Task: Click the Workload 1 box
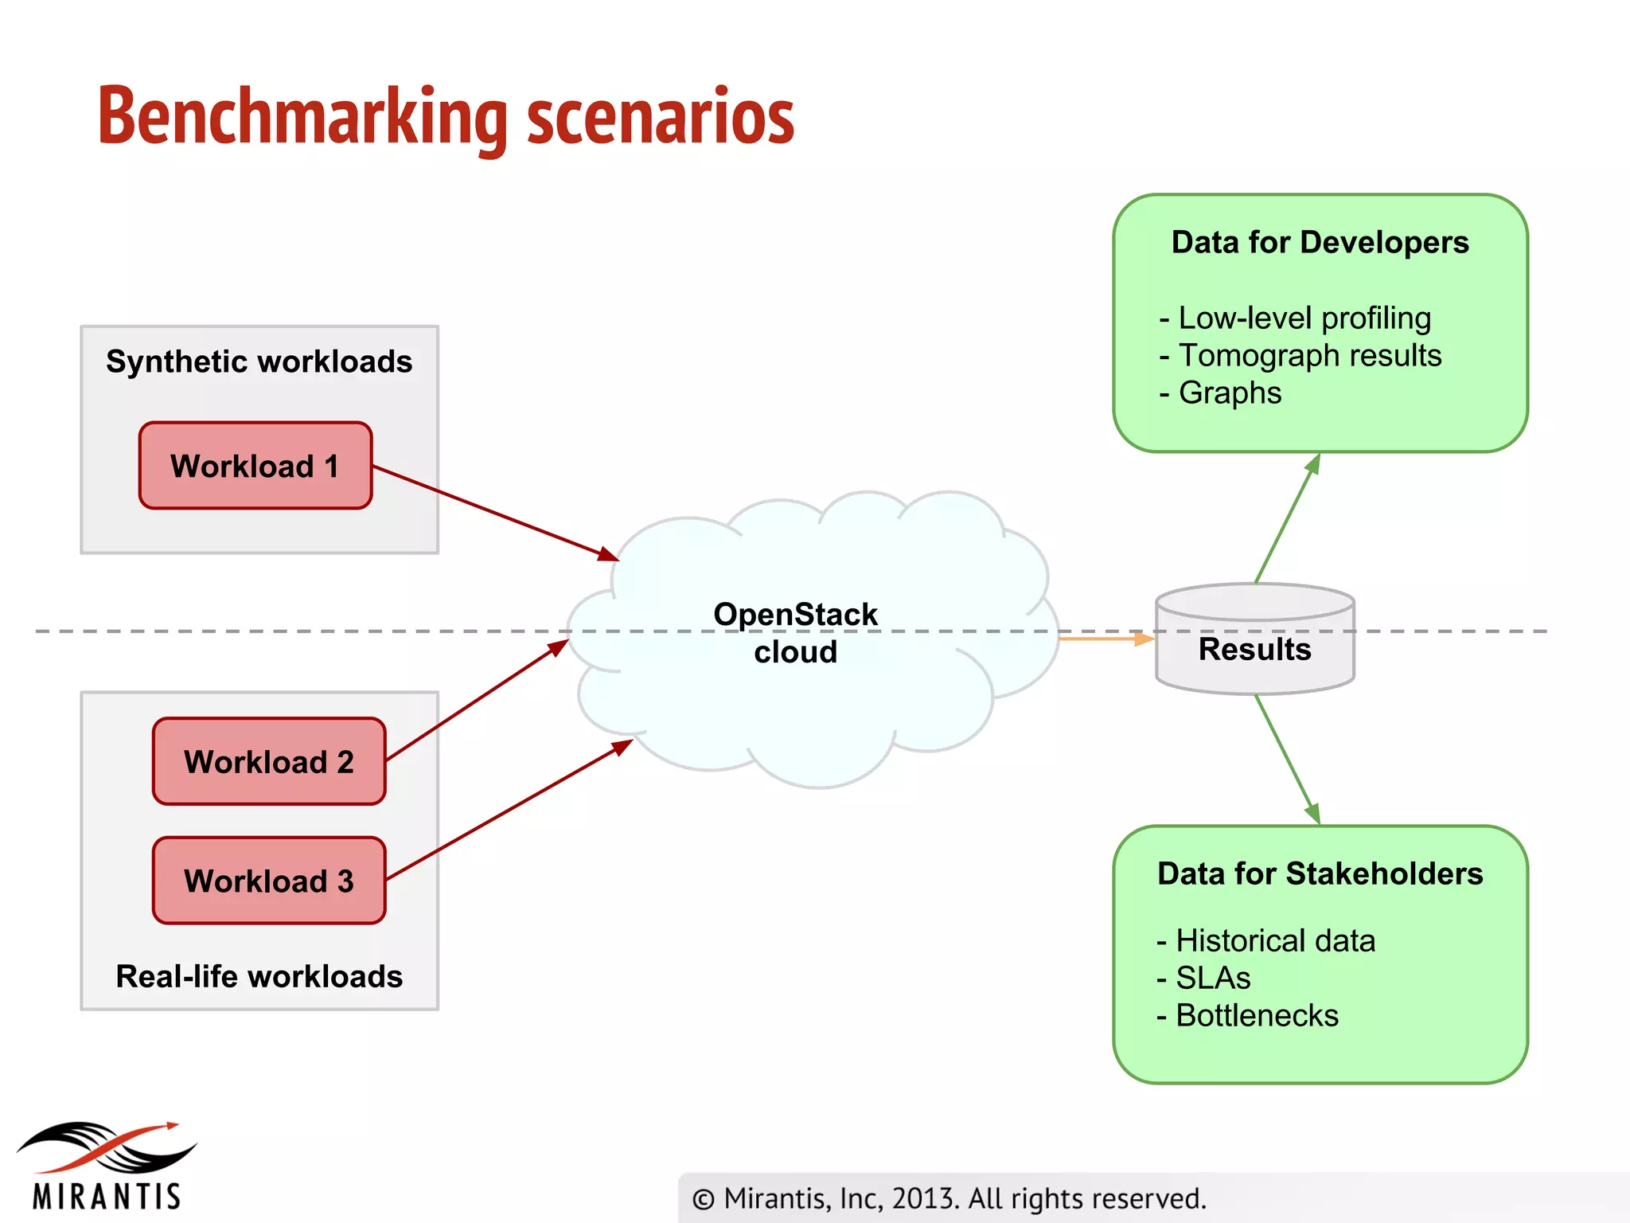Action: tap(255, 466)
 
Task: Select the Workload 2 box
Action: tap(269, 762)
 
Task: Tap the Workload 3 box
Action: tap(269, 881)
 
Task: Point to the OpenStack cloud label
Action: tap(795, 633)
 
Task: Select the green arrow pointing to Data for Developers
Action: tap(1287, 518)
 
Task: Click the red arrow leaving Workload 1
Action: tap(493, 512)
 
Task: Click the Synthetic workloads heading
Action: tap(259, 361)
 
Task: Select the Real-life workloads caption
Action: tap(259, 977)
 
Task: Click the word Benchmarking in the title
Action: tap(302, 118)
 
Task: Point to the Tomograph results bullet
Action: tap(1309, 355)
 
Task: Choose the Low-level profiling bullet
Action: tap(1304, 318)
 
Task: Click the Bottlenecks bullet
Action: tap(1256, 1016)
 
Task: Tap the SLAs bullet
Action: tap(1212, 978)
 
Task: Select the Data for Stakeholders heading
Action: tap(1320, 873)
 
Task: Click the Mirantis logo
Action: tap(106, 1166)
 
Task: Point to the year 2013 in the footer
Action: tap(923, 1198)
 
